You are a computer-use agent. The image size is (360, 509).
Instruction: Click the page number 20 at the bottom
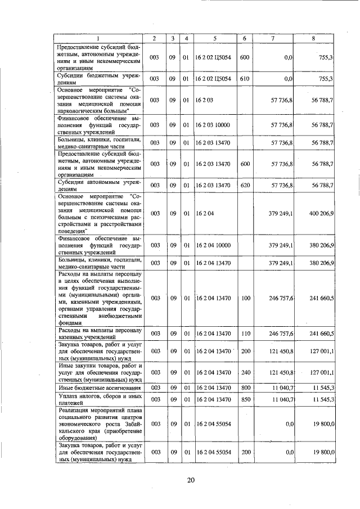click(191, 479)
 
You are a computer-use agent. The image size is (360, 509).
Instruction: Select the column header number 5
click(214, 38)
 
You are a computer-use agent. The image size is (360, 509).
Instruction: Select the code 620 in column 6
click(245, 184)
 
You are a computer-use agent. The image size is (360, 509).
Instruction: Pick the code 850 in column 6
click(245, 399)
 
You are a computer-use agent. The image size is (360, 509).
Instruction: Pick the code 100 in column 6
click(245, 298)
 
